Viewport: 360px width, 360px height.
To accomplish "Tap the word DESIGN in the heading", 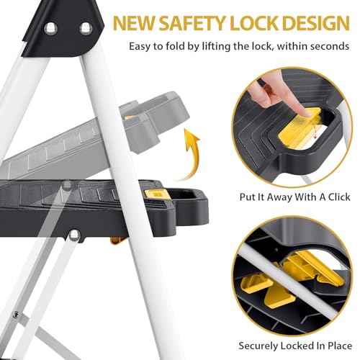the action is pos(316,23).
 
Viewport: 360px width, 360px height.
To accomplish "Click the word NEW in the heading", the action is pos(134,23).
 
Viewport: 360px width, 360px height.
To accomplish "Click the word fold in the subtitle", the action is pos(176,45).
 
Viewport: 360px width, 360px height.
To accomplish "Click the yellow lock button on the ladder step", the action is pos(156,194).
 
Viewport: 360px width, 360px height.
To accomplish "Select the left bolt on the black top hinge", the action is pos(50,28).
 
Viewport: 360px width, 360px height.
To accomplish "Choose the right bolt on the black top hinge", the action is pos(86,28).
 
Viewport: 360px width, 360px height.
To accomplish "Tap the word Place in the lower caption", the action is pos(340,346).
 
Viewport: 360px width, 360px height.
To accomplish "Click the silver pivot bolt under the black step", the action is pos(74,235).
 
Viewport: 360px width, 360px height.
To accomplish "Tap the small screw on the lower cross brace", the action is pos(16,315).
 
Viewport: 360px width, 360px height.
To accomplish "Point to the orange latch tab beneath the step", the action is pos(117,240).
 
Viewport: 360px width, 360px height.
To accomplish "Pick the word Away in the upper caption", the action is pos(279,197).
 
